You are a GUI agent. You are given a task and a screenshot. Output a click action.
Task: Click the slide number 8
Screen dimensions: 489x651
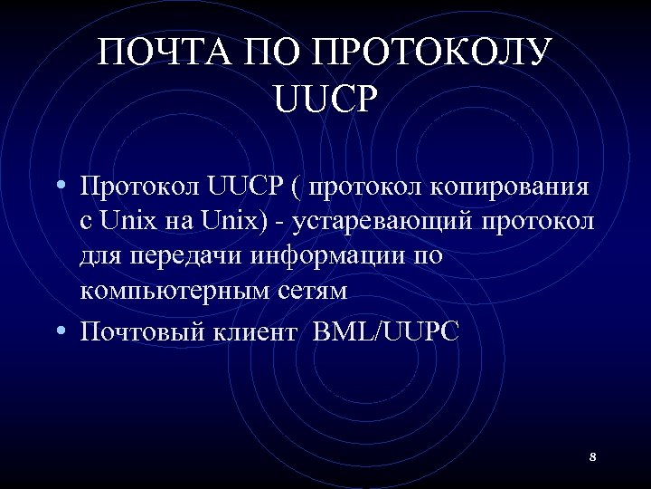pos(592,456)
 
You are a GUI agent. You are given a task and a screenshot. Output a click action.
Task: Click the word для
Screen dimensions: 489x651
pos(99,256)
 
